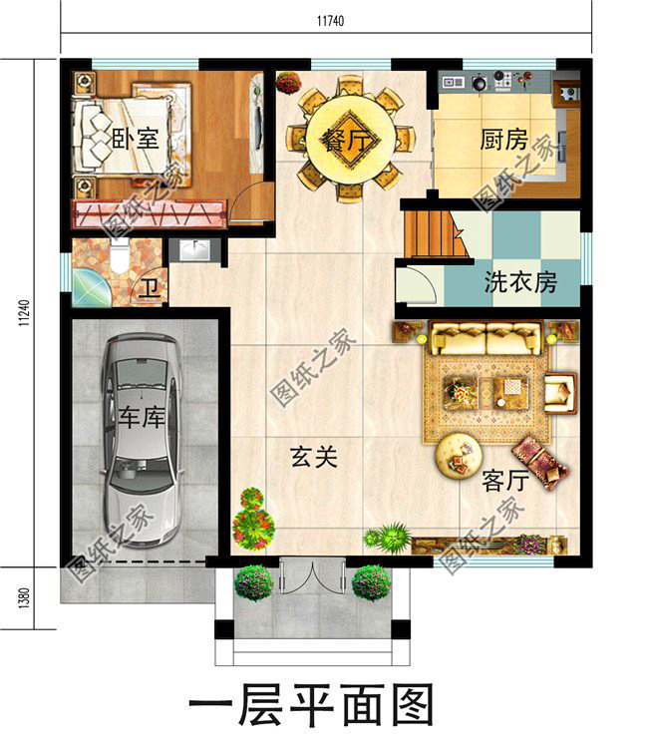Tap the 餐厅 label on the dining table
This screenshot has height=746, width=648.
(346, 141)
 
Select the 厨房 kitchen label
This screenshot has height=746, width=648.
(504, 141)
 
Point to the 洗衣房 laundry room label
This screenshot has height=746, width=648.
(519, 282)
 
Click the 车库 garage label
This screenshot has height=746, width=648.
(141, 417)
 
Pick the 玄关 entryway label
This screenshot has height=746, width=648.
(314, 458)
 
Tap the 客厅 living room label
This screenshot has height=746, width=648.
(504, 482)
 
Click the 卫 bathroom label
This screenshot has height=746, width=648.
(150, 289)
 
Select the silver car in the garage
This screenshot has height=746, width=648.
(143, 439)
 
